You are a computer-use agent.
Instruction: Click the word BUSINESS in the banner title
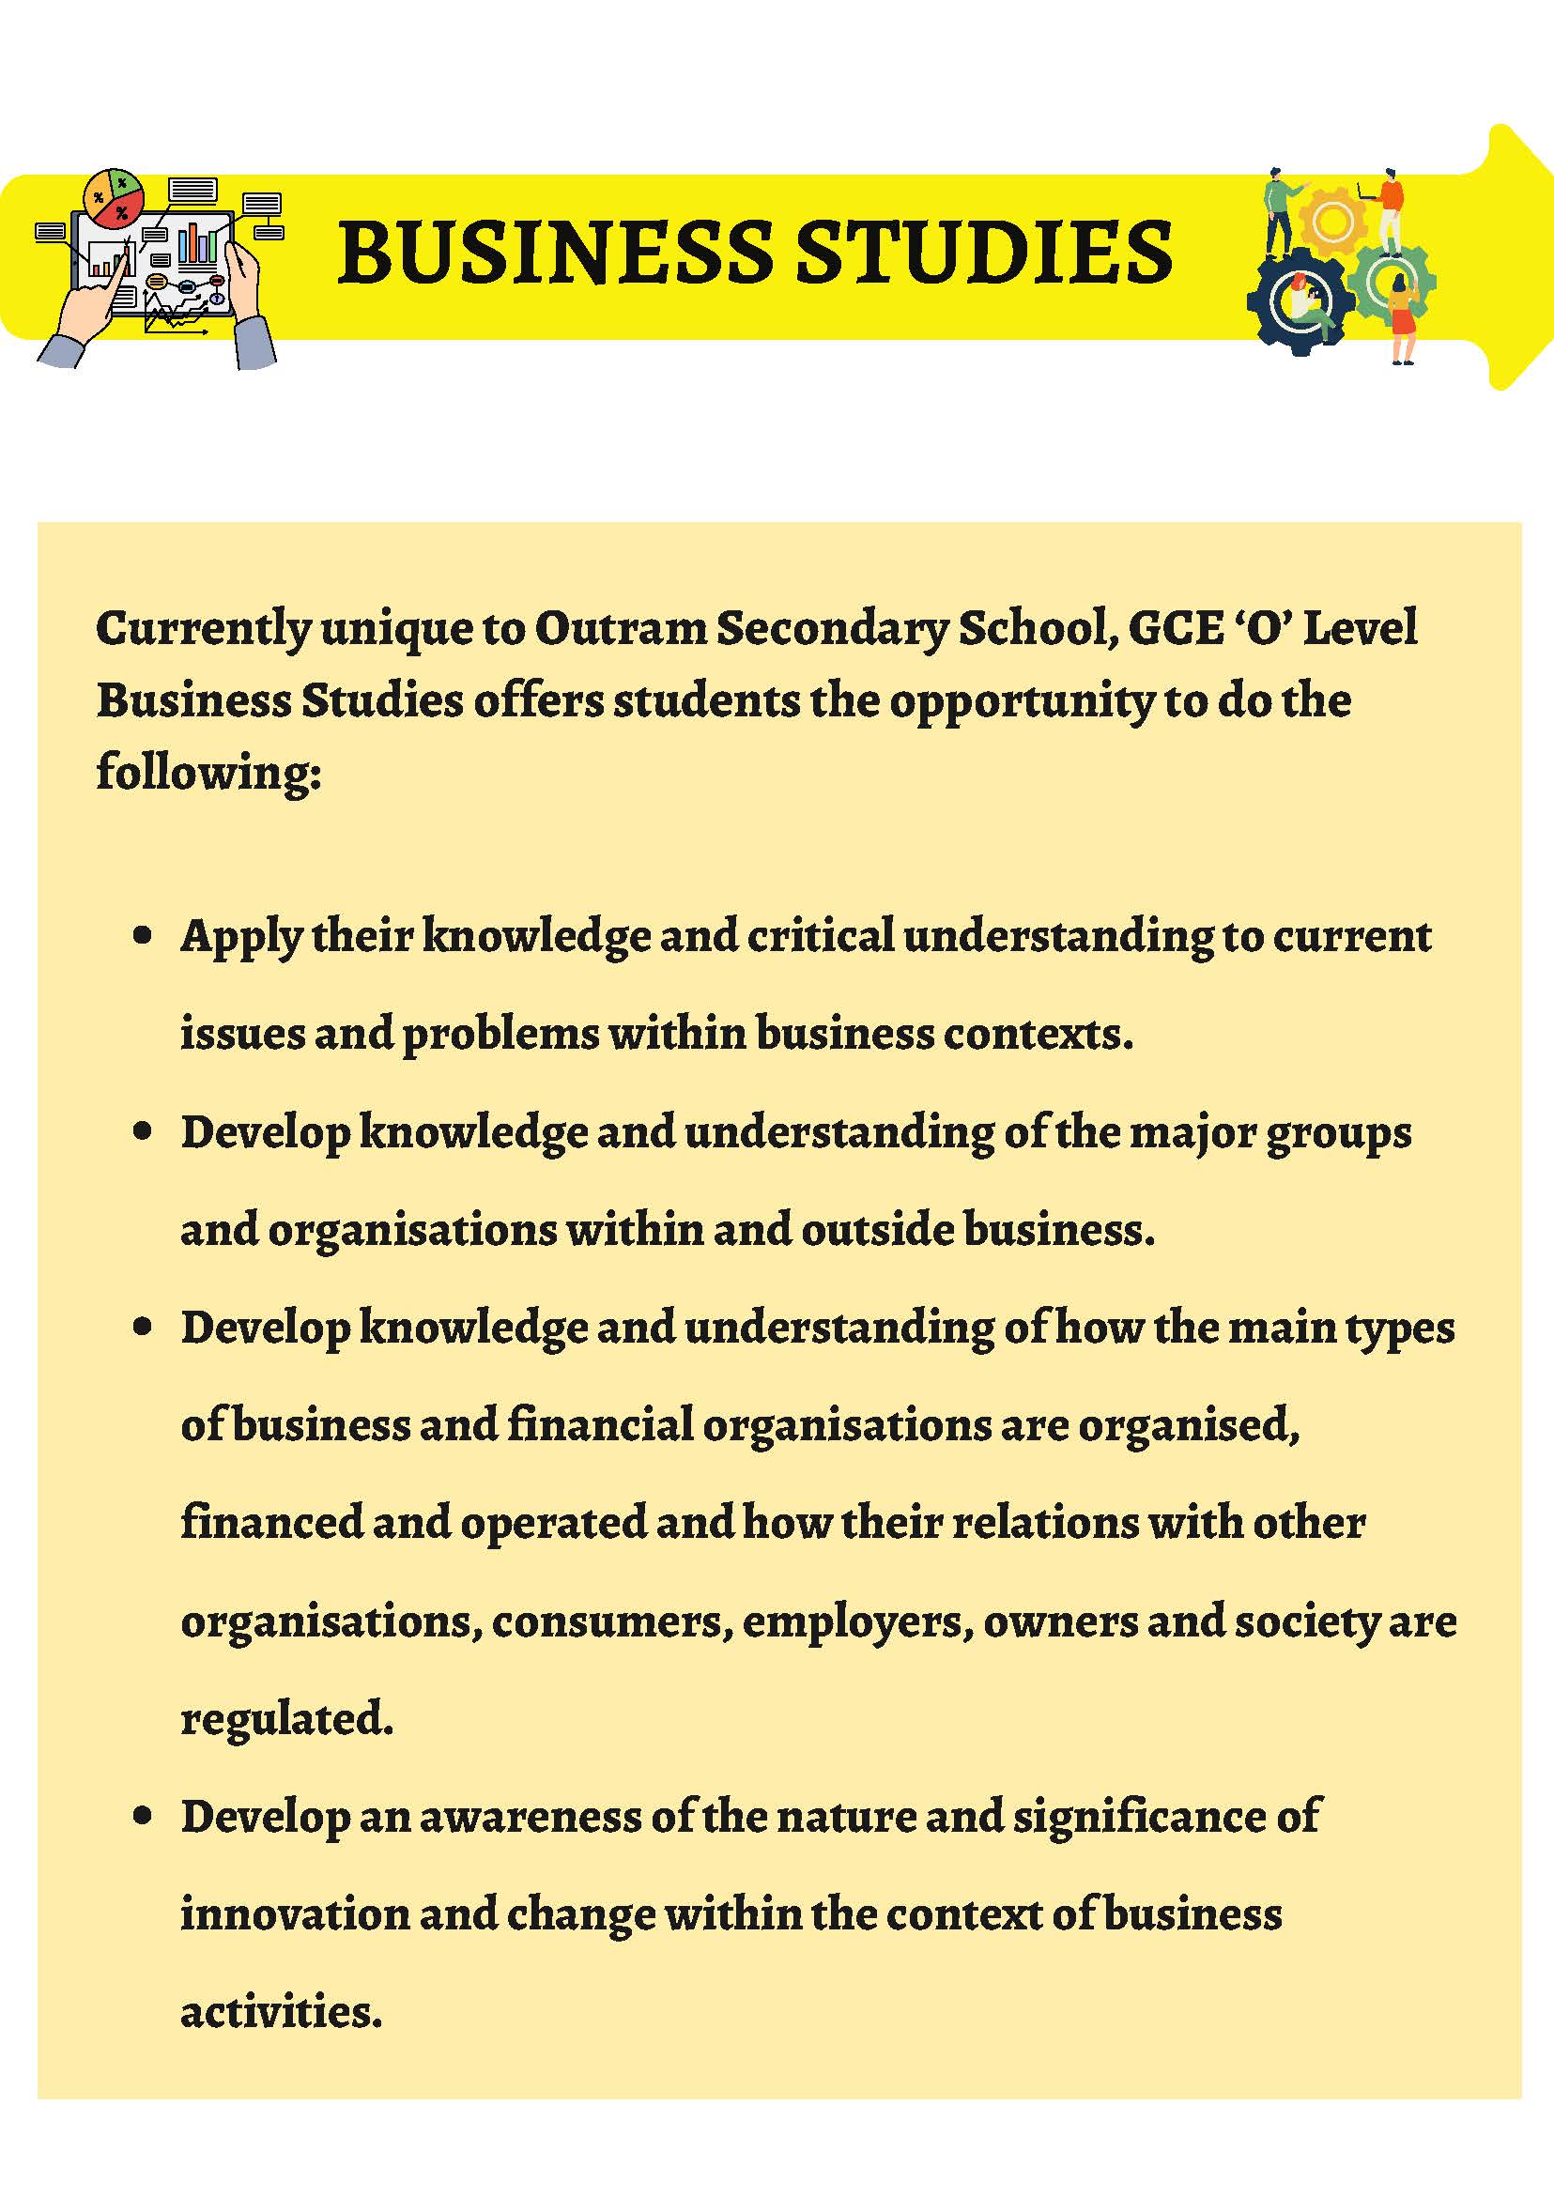point(555,252)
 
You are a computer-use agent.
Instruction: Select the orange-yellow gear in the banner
point(1333,222)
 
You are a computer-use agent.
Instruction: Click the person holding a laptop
point(1390,207)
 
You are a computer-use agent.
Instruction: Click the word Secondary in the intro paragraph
point(832,629)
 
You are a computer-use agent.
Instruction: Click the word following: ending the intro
point(208,773)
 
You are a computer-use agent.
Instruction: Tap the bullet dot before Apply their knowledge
point(143,936)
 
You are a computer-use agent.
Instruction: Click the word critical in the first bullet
point(820,936)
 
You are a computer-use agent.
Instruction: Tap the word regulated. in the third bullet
point(287,1719)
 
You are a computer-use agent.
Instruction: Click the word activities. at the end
point(282,2012)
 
